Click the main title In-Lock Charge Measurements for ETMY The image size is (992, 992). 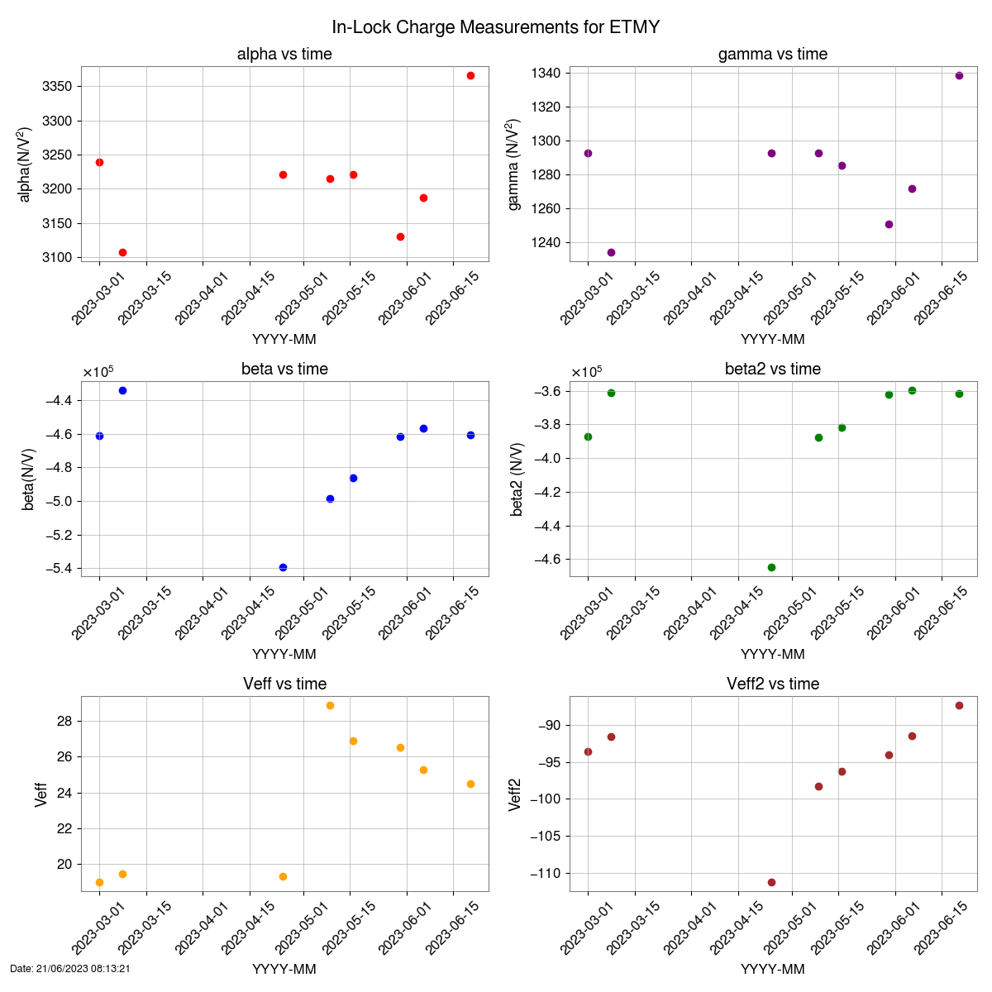coord(495,27)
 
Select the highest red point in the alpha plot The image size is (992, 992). coord(470,75)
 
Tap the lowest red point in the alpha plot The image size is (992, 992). coord(122,252)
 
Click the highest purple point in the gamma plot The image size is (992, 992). coord(959,75)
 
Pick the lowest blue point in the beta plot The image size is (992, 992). coord(283,567)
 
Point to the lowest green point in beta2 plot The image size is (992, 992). coord(771,567)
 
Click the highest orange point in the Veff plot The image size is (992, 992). coord(330,705)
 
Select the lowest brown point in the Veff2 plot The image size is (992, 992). coord(771,882)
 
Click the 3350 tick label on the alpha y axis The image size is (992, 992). coord(56,87)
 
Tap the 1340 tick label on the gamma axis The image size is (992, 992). coord(546,74)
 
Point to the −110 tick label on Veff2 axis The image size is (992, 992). coord(542,873)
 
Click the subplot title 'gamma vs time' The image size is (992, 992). coord(772,55)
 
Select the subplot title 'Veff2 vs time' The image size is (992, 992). coord(772,684)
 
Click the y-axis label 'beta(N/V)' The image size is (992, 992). coord(29,479)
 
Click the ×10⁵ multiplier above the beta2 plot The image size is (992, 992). coord(586,372)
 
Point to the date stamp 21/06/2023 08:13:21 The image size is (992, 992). coord(70,968)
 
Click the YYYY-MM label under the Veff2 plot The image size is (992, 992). coord(772,969)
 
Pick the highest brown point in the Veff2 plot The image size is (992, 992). coord(959,705)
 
